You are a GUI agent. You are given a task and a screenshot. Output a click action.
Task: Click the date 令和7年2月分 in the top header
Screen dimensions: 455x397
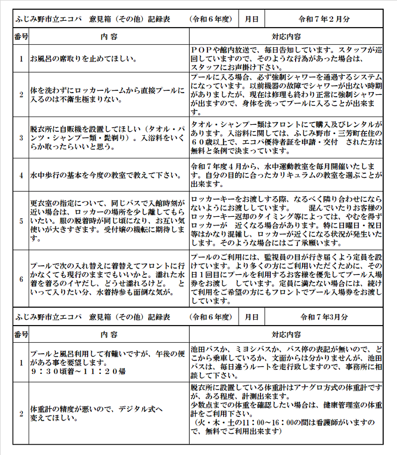click(325, 19)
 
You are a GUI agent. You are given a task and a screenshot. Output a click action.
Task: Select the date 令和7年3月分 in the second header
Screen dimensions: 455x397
click(325, 316)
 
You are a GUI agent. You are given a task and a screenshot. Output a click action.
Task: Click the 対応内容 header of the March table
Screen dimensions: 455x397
click(285, 334)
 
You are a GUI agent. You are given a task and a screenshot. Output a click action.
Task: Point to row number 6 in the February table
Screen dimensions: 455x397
click(21, 278)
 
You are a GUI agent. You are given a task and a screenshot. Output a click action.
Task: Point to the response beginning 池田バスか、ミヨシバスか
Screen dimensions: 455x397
click(285, 362)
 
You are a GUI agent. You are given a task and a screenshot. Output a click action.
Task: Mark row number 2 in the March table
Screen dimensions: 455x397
click(21, 414)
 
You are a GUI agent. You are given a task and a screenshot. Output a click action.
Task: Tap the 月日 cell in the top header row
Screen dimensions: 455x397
click(251, 19)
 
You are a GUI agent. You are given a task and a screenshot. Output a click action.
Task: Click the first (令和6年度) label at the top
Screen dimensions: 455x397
click(212, 19)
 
